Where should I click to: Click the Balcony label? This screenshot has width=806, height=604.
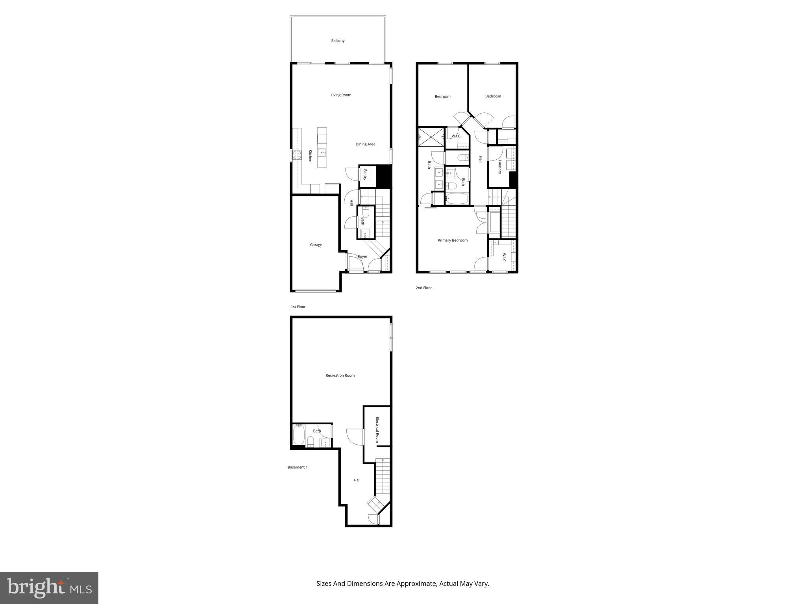(x=338, y=41)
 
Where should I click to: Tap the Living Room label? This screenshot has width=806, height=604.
(x=341, y=95)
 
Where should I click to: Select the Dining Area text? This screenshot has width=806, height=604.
(x=365, y=144)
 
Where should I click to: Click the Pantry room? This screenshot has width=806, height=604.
(x=365, y=175)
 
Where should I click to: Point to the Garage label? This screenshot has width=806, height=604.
(x=316, y=245)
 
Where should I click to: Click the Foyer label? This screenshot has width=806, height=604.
(x=362, y=256)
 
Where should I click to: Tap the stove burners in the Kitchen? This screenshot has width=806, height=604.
(x=297, y=155)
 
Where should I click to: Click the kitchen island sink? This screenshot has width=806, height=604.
(x=322, y=153)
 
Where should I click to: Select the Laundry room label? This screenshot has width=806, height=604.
(x=499, y=167)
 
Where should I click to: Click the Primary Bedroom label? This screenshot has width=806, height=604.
(x=453, y=240)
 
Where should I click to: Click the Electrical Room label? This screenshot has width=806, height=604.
(x=377, y=430)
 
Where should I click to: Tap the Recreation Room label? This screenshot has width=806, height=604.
(x=340, y=375)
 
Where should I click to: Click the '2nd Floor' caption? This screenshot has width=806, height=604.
(x=423, y=288)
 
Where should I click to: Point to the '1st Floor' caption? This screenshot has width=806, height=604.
(x=298, y=307)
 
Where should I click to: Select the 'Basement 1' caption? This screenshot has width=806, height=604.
(x=297, y=467)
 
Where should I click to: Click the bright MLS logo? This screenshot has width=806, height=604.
(x=49, y=588)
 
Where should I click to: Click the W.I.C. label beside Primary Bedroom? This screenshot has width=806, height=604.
(x=503, y=258)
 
